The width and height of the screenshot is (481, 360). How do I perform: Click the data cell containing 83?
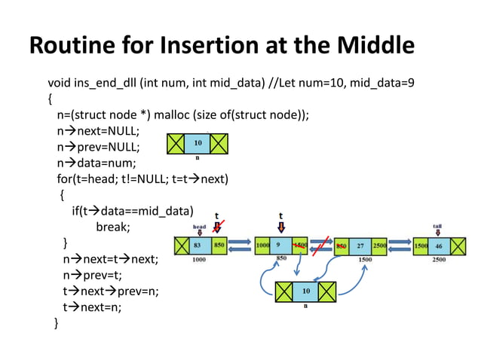point(198,246)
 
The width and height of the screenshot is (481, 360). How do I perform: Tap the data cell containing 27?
point(361,246)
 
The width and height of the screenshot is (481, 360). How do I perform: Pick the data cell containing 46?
point(437,246)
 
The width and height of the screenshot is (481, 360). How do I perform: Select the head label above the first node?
point(199,226)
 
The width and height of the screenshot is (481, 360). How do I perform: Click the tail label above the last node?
point(437,226)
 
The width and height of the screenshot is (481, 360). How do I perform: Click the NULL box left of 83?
point(181,246)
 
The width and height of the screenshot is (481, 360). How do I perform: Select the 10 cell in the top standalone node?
point(197,142)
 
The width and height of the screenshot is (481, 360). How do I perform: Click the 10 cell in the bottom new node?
point(305,291)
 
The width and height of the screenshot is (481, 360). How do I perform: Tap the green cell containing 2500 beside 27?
point(378,246)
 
